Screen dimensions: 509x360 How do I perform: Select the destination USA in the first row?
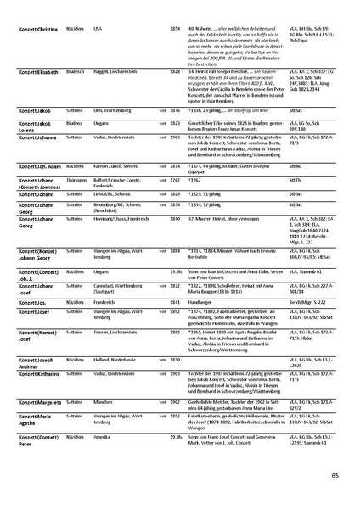(98, 29)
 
